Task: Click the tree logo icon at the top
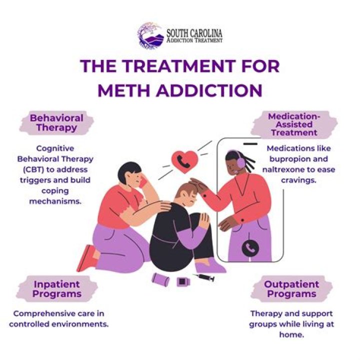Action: click(150, 34)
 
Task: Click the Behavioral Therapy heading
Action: click(56, 123)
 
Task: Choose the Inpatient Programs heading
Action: click(56, 288)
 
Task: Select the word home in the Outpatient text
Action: click(292, 335)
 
